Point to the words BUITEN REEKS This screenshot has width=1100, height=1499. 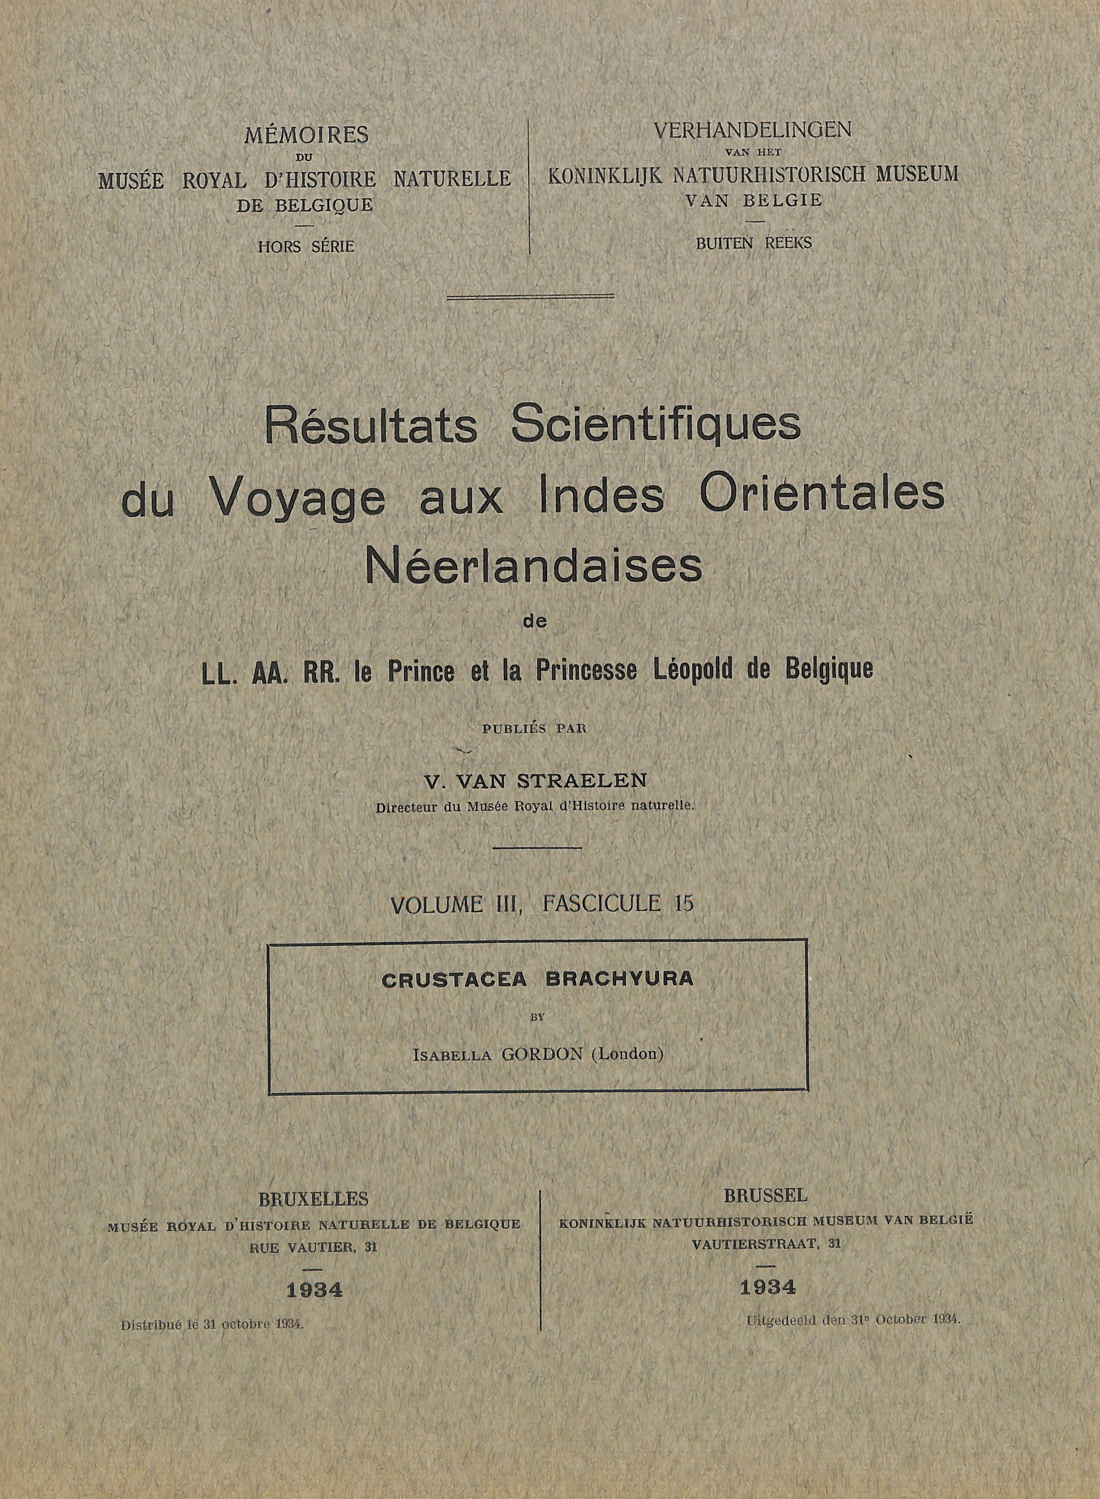[754, 244]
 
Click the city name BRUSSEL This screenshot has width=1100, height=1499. [766, 1195]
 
